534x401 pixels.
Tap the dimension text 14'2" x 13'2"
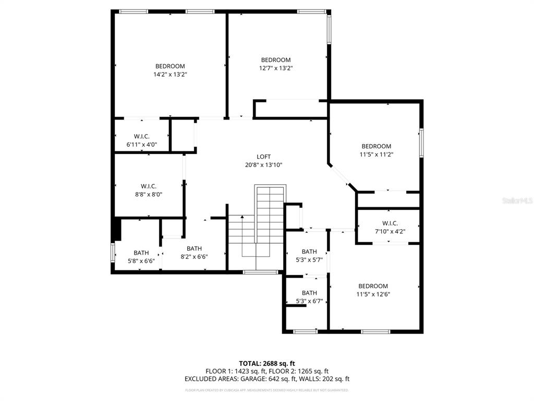click(170, 75)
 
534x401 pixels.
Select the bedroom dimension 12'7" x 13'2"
click(276, 68)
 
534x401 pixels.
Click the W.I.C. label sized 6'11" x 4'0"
click(141, 145)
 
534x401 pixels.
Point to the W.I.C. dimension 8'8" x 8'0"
click(148, 194)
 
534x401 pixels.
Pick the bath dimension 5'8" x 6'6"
click(141, 261)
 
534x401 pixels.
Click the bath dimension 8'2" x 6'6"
click(194, 257)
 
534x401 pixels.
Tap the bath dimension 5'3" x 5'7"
click(309, 260)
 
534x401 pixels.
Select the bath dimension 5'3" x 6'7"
click(309, 301)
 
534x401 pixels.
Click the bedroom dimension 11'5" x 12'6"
click(373, 294)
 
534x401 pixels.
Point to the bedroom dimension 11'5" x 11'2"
click(376, 155)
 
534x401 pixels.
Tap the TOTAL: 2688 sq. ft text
click(267, 363)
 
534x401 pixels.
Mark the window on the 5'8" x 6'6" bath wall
click(113, 252)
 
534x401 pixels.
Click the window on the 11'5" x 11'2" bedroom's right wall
click(421, 143)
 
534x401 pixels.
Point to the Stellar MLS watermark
click(516, 200)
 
